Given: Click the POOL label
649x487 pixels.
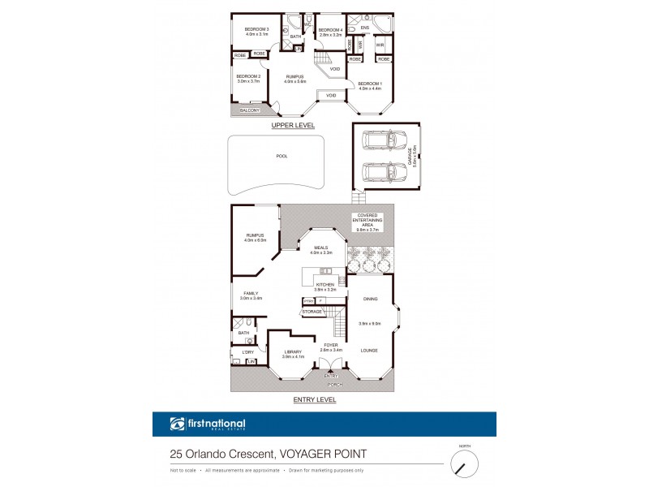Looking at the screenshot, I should pyautogui.click(x=282, y=157).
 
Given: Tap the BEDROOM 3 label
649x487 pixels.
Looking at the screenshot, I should pyautogui.click(x=256, y=30).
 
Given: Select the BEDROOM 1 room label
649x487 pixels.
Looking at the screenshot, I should pyautogui.click(x=369, y=84).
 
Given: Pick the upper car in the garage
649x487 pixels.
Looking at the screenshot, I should pyautogui.click(x=378, y=142).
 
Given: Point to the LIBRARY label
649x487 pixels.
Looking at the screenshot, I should pyautogui.click(x=292, y=351).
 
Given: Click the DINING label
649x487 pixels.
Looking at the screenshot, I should pyautogui.click(x=369, y=297).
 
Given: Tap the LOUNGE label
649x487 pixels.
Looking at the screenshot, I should pyautogui.click(x=369, y=350).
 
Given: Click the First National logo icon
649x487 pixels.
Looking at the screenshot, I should pyautogui.click(x=177, y=424).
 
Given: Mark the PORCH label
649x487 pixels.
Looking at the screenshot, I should pyautogui.click(x=331, y=385).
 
